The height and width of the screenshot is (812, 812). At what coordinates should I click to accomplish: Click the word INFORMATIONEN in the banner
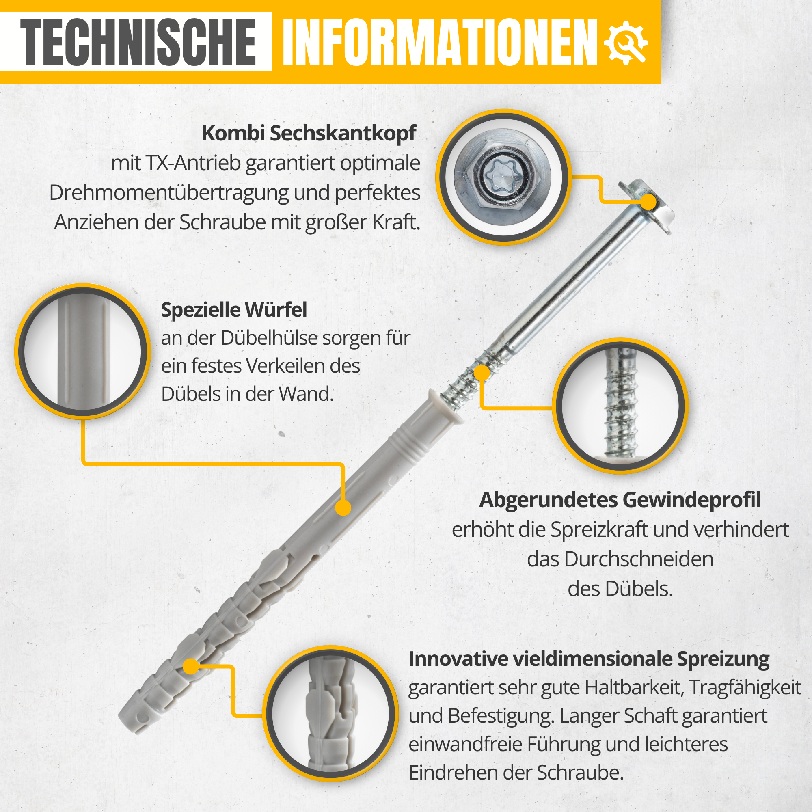pos(440,43)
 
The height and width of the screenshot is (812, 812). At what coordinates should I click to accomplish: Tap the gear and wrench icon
pos(626,43)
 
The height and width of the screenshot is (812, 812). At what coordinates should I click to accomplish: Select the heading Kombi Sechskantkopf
pos(309,134)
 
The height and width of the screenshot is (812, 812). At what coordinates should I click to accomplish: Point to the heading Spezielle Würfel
pos(234,310)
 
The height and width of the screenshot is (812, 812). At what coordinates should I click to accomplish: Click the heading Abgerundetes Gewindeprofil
pos(620,500)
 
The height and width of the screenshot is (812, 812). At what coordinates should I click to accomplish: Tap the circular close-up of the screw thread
pos(620,406)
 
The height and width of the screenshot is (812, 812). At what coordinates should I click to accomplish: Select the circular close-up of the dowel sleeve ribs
pos(83,351)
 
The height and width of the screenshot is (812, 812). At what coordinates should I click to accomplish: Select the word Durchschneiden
pos(620,559)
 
